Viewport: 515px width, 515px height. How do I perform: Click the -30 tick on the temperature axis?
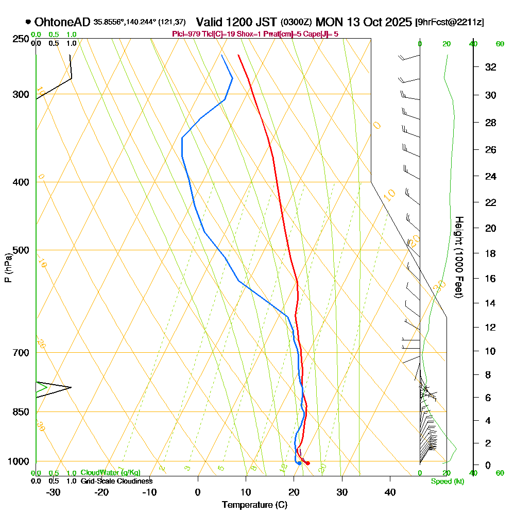pos(53,492)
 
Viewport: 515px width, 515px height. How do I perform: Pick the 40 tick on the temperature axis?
pos(390,492)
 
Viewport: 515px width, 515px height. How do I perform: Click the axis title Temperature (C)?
pos(254,505)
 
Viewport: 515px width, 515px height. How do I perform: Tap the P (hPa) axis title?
pos(8,267)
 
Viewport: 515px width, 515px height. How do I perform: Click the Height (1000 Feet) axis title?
pos(457,256)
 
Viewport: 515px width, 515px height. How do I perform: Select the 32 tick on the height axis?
pos(491,67)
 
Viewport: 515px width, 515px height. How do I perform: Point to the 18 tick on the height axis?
pos(491,253)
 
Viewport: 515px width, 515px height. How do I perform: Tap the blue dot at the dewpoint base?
pos(299,463)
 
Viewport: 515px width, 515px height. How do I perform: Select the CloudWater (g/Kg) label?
pos(110,473)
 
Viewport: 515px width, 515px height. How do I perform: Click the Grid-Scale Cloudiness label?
pos(116,481)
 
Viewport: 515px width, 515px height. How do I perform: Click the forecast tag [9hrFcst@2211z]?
pos(449,23)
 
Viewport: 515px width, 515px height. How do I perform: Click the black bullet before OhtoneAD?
pos(27,22)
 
